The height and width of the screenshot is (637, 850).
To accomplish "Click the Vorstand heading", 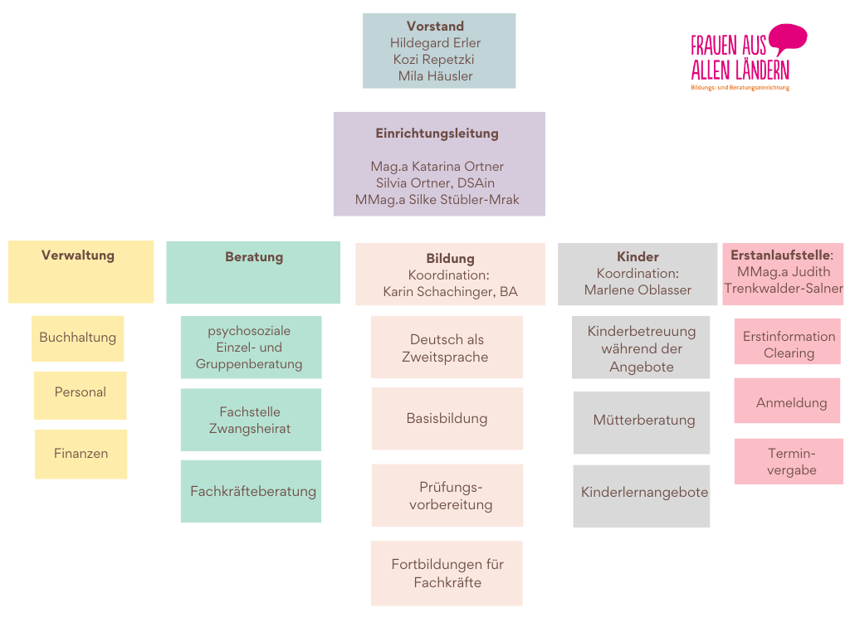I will pyautogui.click(x=435, y=27).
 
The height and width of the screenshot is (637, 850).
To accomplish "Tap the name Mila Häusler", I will pyautogui.click(x=435, y=76).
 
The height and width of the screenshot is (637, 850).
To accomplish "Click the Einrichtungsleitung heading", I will pyautogui.click(x=437, y=134).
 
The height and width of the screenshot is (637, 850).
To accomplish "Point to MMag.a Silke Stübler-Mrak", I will pyautogui.click(x=437, y=200).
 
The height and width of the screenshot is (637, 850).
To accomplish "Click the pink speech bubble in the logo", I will pyautogui.click(x=787, y=38).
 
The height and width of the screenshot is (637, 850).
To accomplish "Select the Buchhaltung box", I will pyautogui.click(x=77, y=338).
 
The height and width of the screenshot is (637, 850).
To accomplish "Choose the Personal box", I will pyautogui.click(x=80, y=392).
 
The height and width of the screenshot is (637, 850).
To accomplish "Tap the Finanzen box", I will pyautogui.click(x=81, y=454).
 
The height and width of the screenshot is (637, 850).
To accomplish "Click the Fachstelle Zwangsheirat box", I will pyautogui.click(x=250, y=420).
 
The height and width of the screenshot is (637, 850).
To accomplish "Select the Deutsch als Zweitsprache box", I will pyautogui.click(x=447, y=348).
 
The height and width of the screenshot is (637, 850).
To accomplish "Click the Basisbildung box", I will pyautogui.click(x=447, y=419).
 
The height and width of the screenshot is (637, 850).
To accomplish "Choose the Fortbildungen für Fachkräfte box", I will pyautogui.click(x=447, y=573).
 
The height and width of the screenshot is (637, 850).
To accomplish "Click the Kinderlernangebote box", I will pyautogui.click(x=644, y=493).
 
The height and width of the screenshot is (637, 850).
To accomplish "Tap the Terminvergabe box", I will pyautogui.click(x=791, y=462).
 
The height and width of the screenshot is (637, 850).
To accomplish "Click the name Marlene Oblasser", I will pyautogui.click(x=637, y=290).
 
